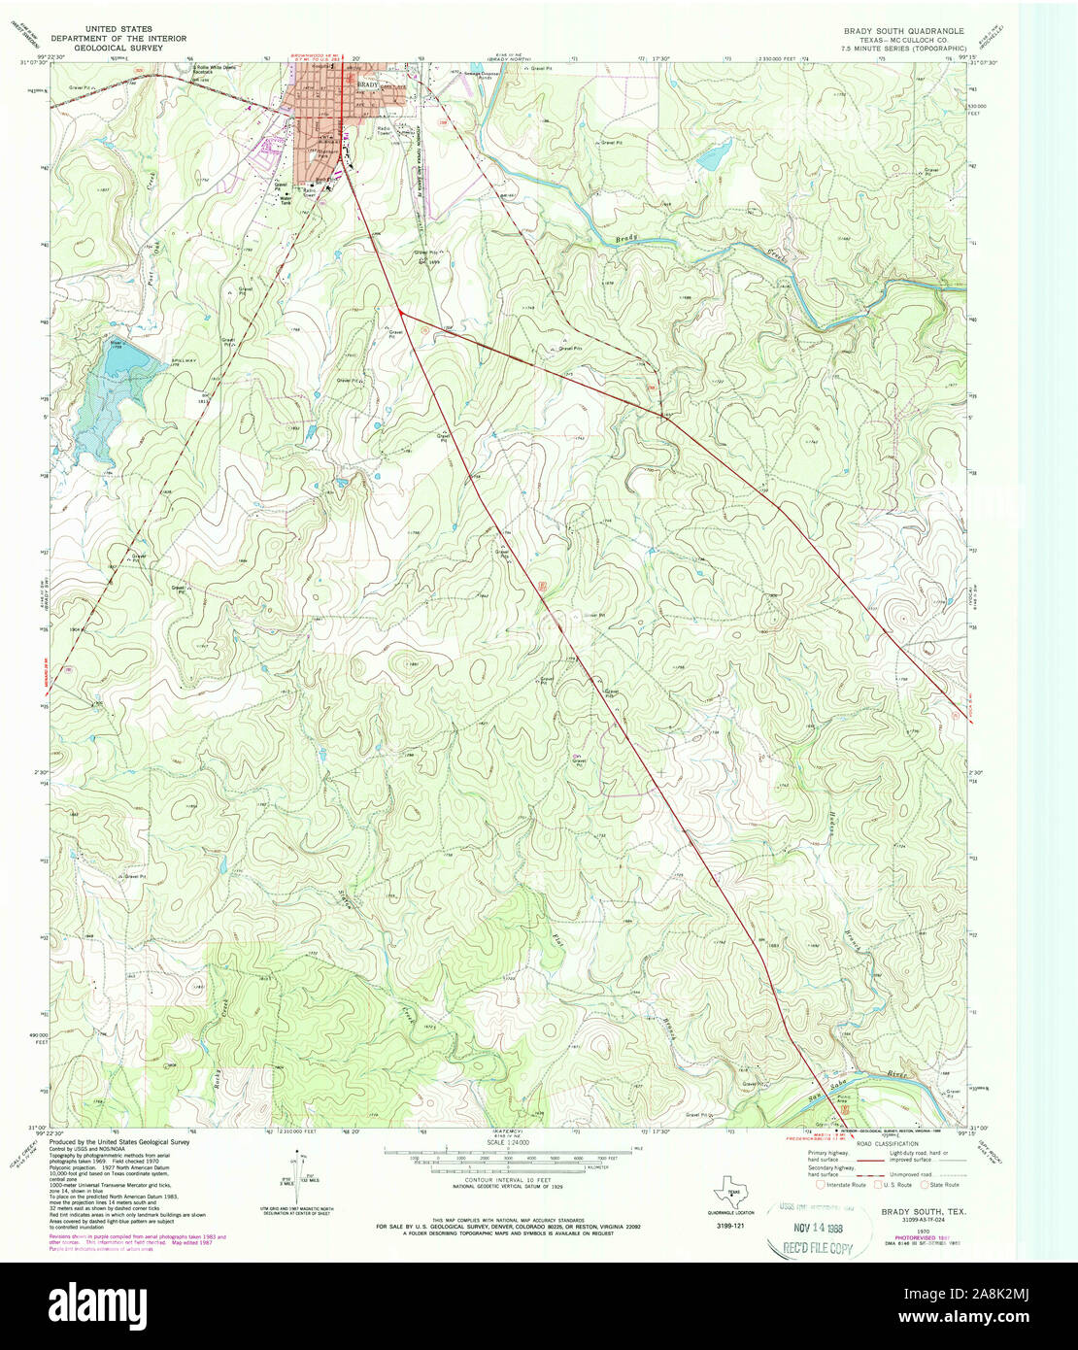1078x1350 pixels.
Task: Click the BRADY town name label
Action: (366, 85)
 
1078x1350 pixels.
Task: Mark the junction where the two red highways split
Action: (400, 311)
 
